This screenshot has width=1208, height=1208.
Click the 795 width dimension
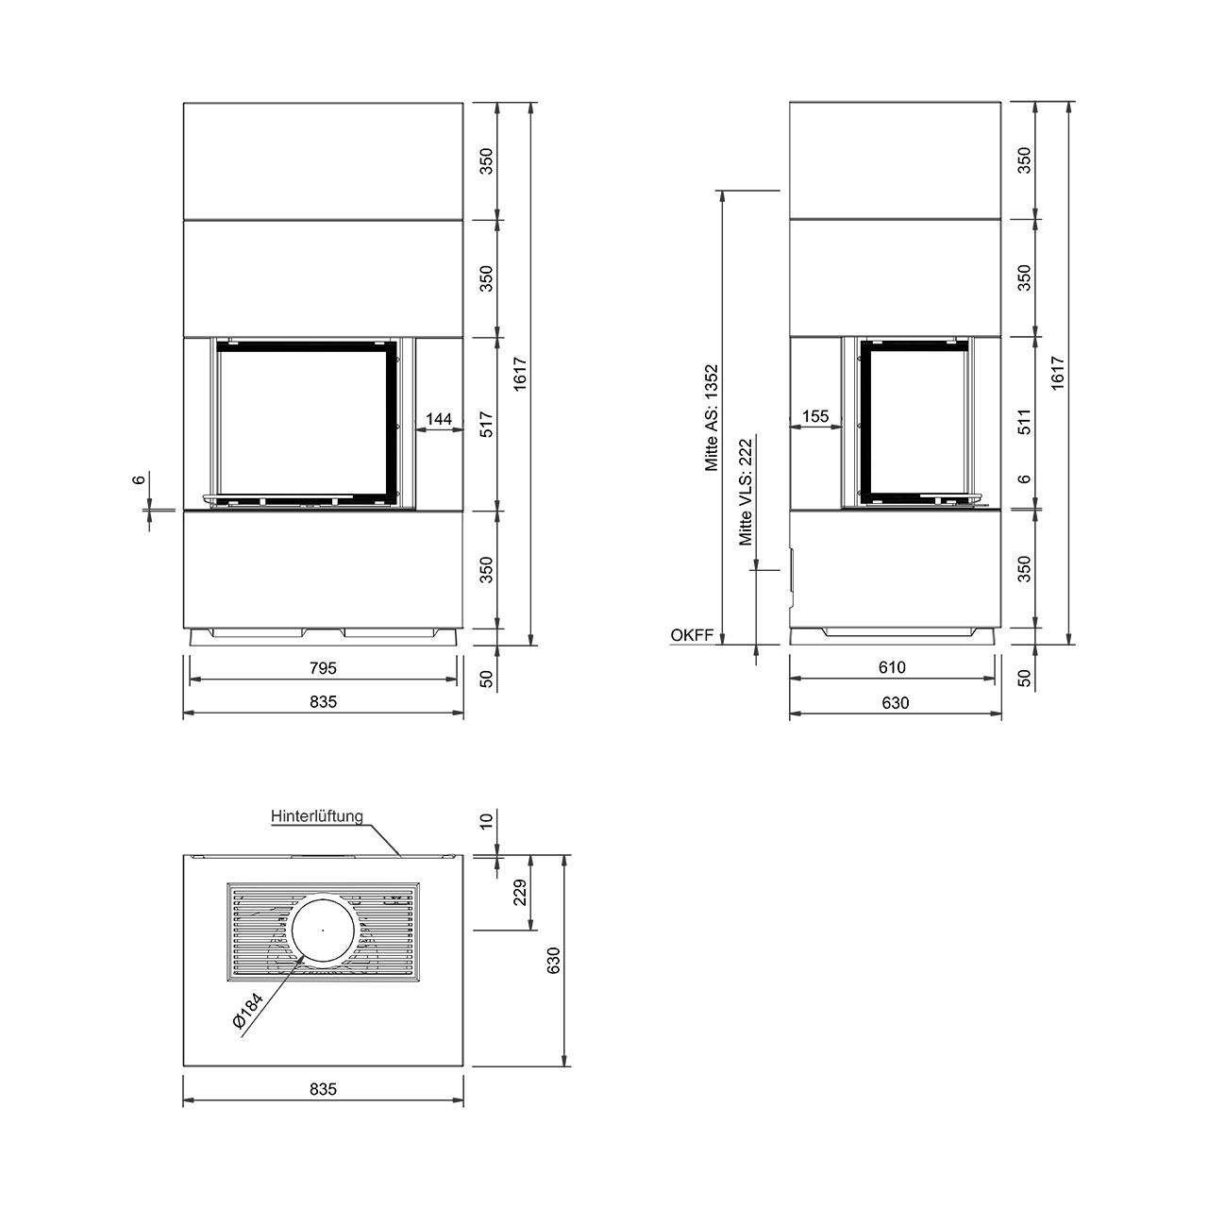click(x=323, y=668)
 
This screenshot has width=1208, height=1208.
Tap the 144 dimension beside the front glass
click(x=439, y=419)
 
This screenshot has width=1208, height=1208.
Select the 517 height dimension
click(x=487, y=424)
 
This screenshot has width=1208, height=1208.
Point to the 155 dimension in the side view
click(x=815, y=416)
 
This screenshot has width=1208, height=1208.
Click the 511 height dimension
click(x=1024, y=422)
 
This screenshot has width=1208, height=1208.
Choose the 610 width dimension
click(x=892, y=667)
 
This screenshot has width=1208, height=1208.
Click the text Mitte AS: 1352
click(x=711, y=417)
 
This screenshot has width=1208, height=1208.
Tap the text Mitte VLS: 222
click(x=746, y=492)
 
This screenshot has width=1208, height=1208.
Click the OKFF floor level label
click(x=692, y=635)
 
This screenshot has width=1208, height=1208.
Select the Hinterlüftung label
click(x=317, y=816)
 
